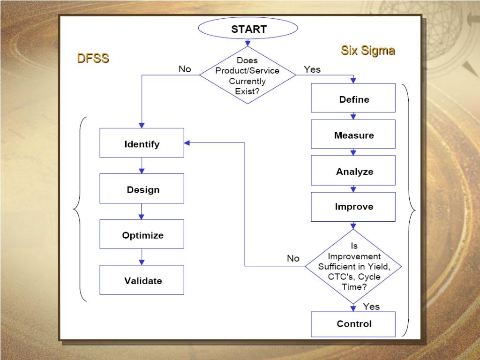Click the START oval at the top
pyautogui.click(x=248, y=29)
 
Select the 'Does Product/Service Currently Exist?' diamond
pyautogui.click(x=247, y=75)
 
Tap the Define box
pyautogui.click(x=353, y=99)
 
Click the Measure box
pyautogui.click(x=353, y=135)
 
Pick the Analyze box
pyautogui.click(x=353, y=172)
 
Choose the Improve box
pyautogui.click(x=353, y=207)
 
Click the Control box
pyautogui.click(x=353, y=324)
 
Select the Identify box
pyautogui.click(x=142, y=144)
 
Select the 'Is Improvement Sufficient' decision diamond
pyautogui.click(x=353, y=266)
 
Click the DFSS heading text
pyautogui.click(x=93, y=59)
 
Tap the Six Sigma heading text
pyautogui.click(x=367, y=51)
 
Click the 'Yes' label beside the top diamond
pyautogui.click(x=312, y=69)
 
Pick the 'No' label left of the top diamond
pyautogui.click(x=185, y=69)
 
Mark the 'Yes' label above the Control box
pyautogui.click(x=371, y=307)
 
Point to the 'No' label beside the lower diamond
pyautogui.click(x=293, y=259)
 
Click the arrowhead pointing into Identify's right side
pyautogui.click(x=187, y=143)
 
